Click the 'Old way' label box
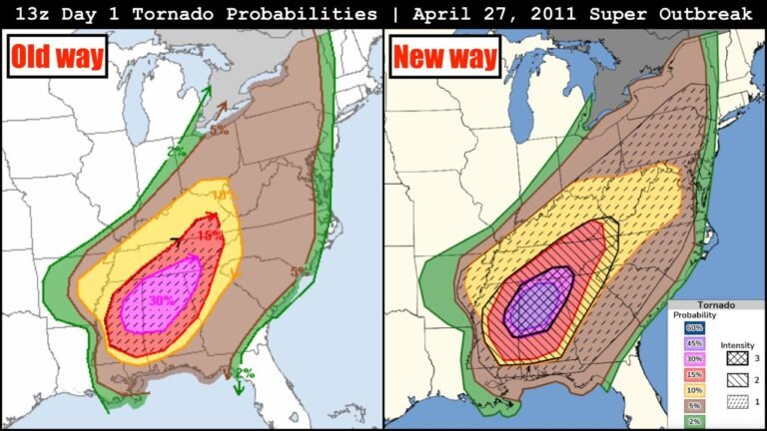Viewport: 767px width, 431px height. (x=57, y=56)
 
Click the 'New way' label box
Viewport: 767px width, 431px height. (x=444, y=57)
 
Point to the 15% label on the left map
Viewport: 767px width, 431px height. (x=209, y=235)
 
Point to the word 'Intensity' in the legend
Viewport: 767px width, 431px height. (x=737, y=345)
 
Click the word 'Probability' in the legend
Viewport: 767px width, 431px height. (x=693, y=315)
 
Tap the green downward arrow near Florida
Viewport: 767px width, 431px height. (x=239, y=384)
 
